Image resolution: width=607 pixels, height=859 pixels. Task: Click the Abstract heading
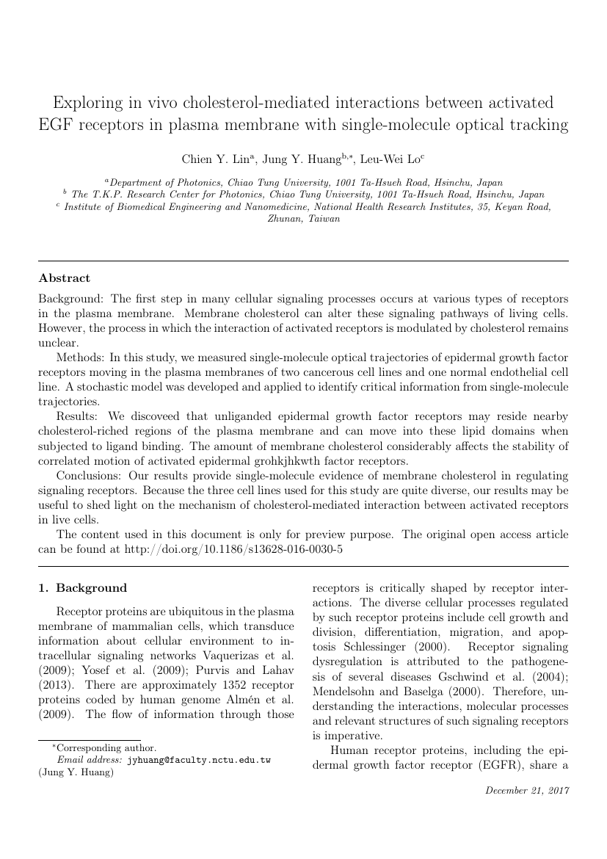pos(64,278)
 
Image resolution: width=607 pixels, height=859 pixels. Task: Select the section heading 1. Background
pos(82,587)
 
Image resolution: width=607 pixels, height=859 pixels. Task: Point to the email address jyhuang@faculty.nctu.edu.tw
pos(199,760)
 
